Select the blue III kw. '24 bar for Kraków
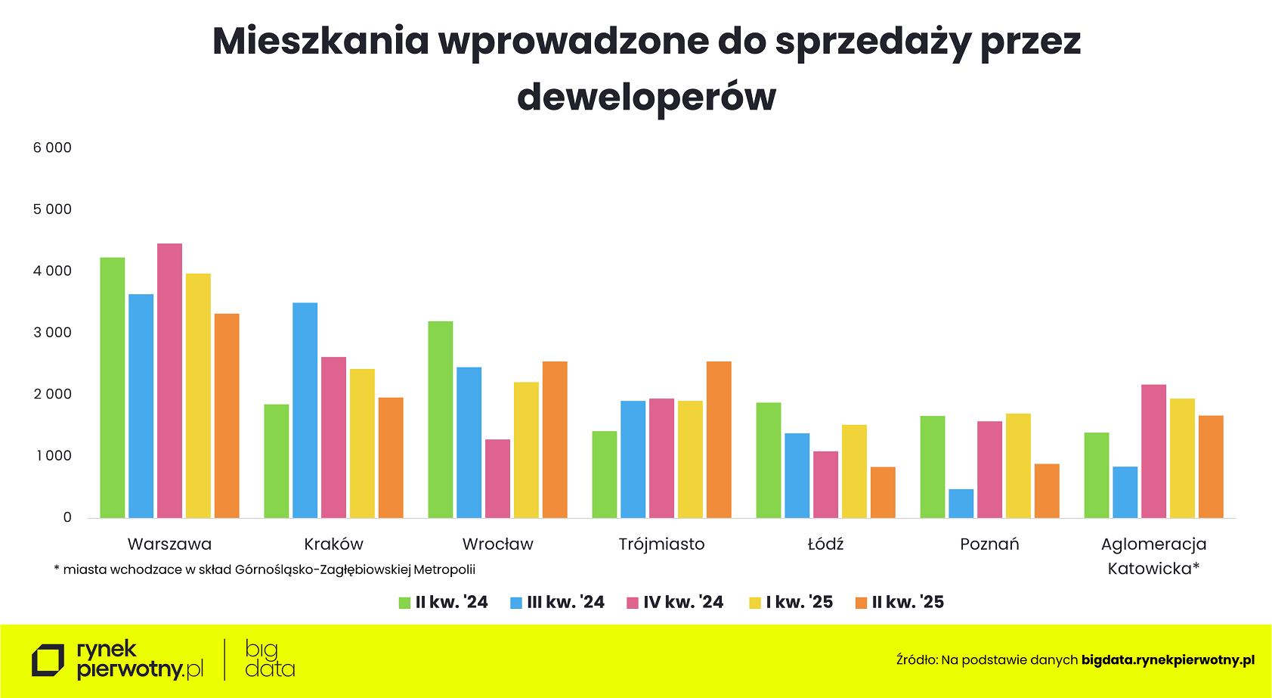pyautogui.click(x=305, y=410)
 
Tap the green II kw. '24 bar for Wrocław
pyautogui.click(x=440, y=420)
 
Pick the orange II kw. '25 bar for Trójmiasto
pyautogui.click(x=719, y=439)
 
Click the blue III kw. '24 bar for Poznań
pyautogui.click(x=961, y=504)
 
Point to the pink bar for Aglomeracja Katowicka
pyautogui.click(x=1153, y=451)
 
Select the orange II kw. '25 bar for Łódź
pyautogui.click(x=883, y=492)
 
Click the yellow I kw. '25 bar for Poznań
pyautogui.click(x=1018, y=466)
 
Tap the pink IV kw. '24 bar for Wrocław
pyautogui.click(x=497, y=479)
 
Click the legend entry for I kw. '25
pyautogui.click(x=791, y=603)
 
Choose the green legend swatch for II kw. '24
pyautogui.click(x=404, y=603)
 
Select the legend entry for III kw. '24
pyautogui.click(x=558, y=603)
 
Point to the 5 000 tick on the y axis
pyautogui.click(x=52, y=209)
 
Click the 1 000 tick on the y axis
pyautogui.click(x=52, y=456)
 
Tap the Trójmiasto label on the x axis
pyautogui.click(x=661, y=544)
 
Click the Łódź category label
pyautogui.click(x=825, y=544)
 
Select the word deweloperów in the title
pyautogui.click(x=646, y=97)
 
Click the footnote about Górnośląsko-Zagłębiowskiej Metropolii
pyautogui.click(x=265, y=569)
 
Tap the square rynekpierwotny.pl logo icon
pyautogui.click(x=48, y=660)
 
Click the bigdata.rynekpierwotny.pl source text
pyautogui.click(x=1168, y=660)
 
